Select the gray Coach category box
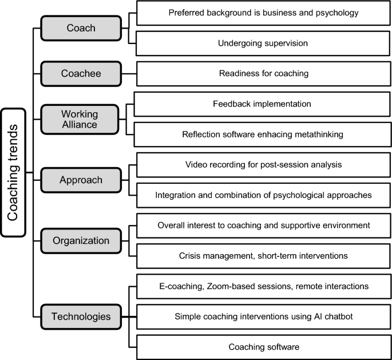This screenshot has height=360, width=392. pos(81,28)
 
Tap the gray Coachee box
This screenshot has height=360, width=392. pos(81,73)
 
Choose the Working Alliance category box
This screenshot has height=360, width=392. pos(81,119)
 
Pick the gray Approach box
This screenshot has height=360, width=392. pos(81,180)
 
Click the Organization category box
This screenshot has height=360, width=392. pos(81,240)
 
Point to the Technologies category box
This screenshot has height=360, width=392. pos(81,316)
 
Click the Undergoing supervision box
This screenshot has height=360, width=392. pos(264,43)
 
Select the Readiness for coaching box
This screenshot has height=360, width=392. pos(264,73)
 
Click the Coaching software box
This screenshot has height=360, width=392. pos(264,346)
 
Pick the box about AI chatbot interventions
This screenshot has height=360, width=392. pos(264,316)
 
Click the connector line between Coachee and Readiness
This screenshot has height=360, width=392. pos(129,73)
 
